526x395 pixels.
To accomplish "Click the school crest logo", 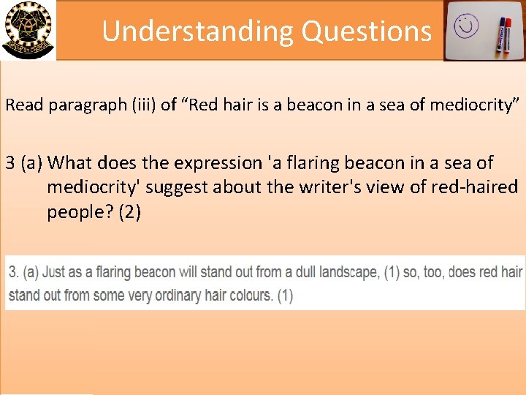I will point(27,29).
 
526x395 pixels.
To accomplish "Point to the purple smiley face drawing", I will point(465,28).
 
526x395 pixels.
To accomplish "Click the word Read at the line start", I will point(22,105).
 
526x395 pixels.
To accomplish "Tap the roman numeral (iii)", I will point(145,105).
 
